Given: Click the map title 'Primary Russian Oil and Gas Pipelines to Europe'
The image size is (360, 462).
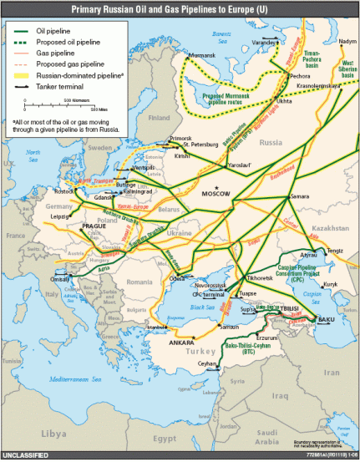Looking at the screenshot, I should point(180,8).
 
